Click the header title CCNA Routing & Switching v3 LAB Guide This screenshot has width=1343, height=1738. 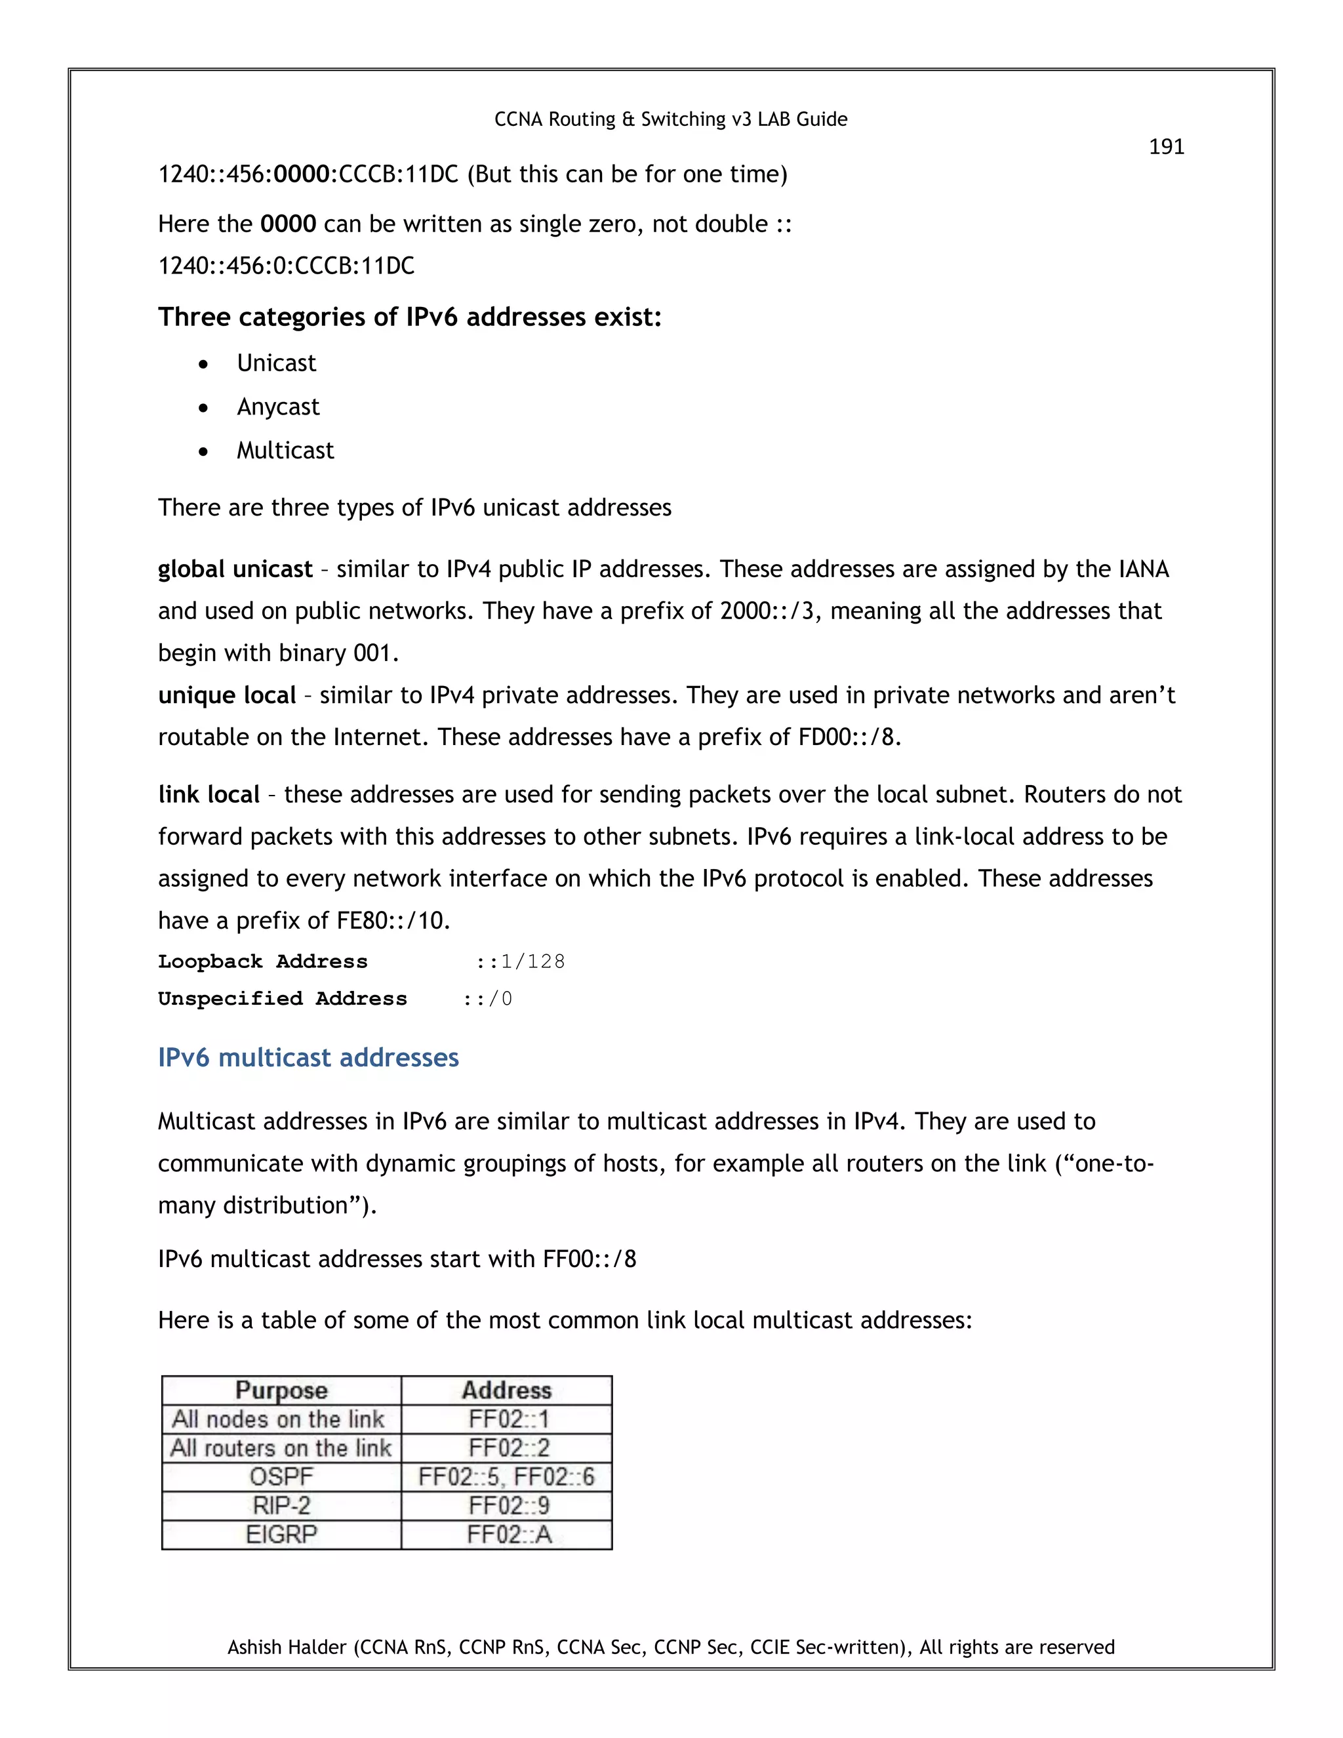tap(671, 119)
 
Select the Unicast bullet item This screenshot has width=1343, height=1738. tap(276, 364)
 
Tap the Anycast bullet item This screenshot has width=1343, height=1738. tap(277, 407)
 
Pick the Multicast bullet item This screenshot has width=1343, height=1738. tap(285, 451)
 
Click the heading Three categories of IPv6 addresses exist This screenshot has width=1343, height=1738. tap(410, 317)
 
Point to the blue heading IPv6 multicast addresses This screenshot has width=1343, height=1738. tap(308, 1058)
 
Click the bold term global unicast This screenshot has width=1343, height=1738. tap(235, 569)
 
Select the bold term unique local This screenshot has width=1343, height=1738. tap(227, 695)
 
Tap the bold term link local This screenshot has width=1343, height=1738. tap(209, 794)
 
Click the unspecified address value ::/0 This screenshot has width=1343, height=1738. tap(488, 999)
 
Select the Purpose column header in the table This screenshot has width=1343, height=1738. tap(281, 1390)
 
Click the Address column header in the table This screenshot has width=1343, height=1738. tap(507, 1390)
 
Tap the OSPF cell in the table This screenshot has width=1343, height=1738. tap(281, 1477)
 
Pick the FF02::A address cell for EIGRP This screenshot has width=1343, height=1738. tap(508, 1534)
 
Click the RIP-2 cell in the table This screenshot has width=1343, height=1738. tap(281, 1506)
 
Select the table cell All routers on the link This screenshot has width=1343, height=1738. tap(281, 1447)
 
